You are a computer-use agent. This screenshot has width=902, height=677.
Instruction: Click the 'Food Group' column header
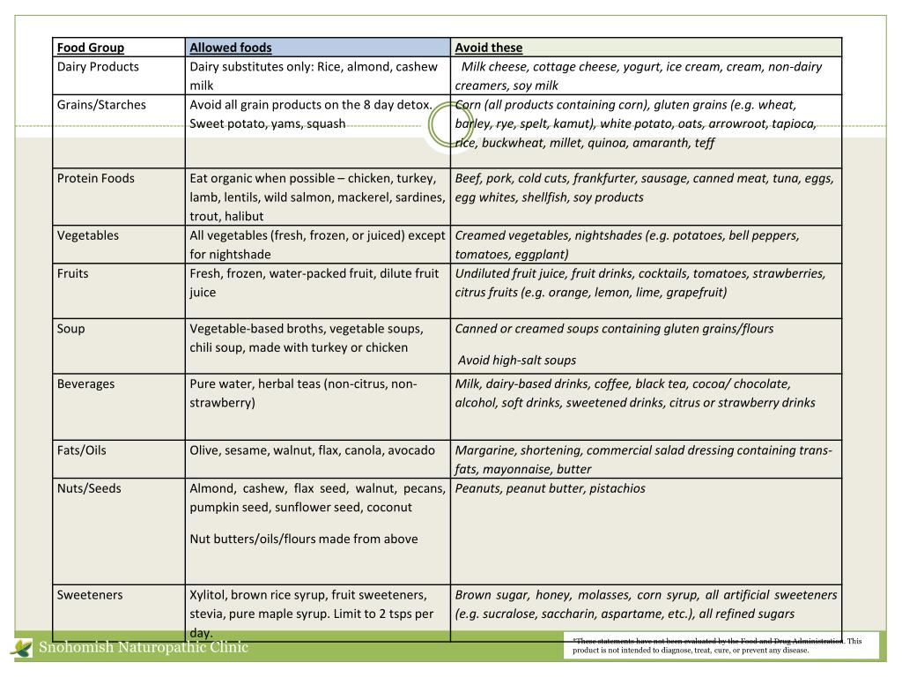[91, 48]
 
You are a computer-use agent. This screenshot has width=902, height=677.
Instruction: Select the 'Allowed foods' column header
[231, 48]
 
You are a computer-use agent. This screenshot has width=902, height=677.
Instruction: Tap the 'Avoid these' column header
[489, 48]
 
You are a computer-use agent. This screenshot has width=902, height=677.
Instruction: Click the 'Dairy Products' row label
[98, 67]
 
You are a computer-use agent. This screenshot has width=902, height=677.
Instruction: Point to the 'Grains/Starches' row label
[101, 105]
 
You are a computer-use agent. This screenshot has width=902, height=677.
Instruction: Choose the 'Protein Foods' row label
[96, 178]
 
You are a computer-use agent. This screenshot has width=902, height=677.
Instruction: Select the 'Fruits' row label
[73, 273]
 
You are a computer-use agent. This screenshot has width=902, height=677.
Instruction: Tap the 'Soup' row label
[71, 329]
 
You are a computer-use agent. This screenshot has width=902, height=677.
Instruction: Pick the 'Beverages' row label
[86, 384]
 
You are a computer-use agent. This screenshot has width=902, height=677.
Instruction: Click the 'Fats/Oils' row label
[82, 450]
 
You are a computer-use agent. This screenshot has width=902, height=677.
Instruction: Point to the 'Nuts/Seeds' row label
[89, 488]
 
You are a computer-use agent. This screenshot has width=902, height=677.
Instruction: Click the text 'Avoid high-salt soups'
[517, 360]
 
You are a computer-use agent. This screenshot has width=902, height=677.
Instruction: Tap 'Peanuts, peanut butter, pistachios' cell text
[551, 488]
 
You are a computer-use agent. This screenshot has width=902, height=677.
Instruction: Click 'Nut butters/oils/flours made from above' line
[304, 539]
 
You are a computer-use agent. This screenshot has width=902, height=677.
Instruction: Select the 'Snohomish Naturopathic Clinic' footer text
[143, 648]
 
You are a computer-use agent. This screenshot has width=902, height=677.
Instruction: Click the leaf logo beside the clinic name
[20, 649]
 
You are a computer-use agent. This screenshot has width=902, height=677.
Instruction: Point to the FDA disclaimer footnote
[717, 646]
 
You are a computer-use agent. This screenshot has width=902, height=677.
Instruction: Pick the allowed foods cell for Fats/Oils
[313, 450]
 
